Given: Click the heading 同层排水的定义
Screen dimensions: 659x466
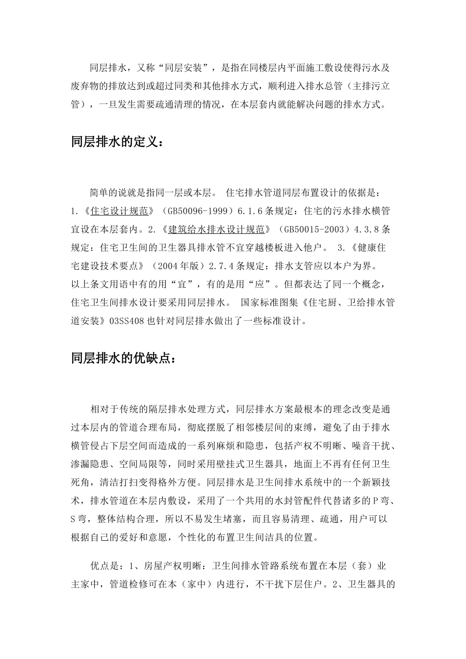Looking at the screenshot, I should pos(115,143).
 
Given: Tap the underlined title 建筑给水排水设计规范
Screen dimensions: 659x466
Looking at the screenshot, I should pos(216,229).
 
